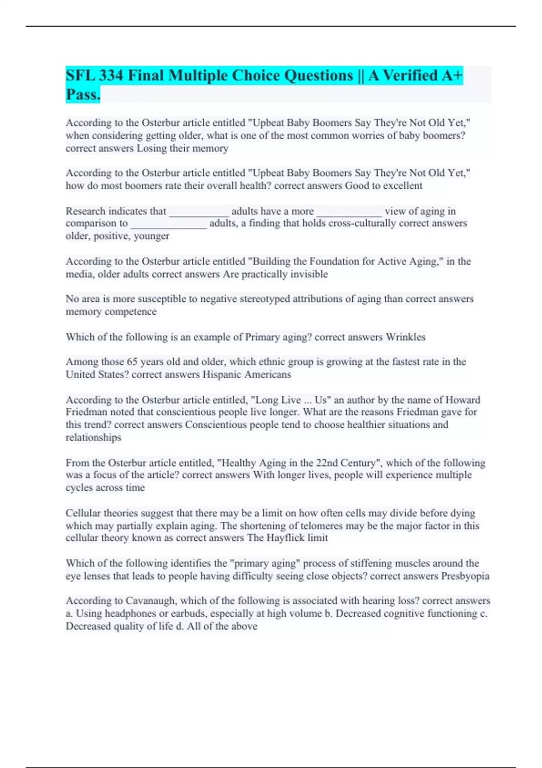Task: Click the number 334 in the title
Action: coord(111,75)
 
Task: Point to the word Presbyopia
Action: coord(465,576)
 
